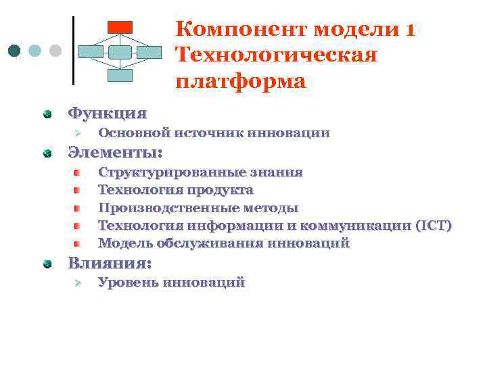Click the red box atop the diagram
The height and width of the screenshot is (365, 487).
tap(120, 26)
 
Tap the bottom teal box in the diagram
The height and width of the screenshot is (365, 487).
tap(120, 75)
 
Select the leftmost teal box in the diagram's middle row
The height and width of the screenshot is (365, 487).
tap(91, 52)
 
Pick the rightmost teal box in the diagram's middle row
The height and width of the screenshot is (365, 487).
tap(149, 52)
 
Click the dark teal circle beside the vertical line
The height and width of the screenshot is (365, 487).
tap(14, 51)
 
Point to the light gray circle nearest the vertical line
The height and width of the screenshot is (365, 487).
tap(55, 51)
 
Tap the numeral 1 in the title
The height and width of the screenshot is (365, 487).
tap(410, 30)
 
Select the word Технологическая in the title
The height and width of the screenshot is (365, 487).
tap(275, 55)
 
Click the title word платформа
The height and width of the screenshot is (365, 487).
tap(240, 81)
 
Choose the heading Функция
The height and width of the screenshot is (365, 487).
tap(106, 113)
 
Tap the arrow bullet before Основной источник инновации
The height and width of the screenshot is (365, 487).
tap(77, 134)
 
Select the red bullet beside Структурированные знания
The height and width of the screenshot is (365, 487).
tap(78, 173)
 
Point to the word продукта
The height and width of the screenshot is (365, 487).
tap(221, 191)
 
